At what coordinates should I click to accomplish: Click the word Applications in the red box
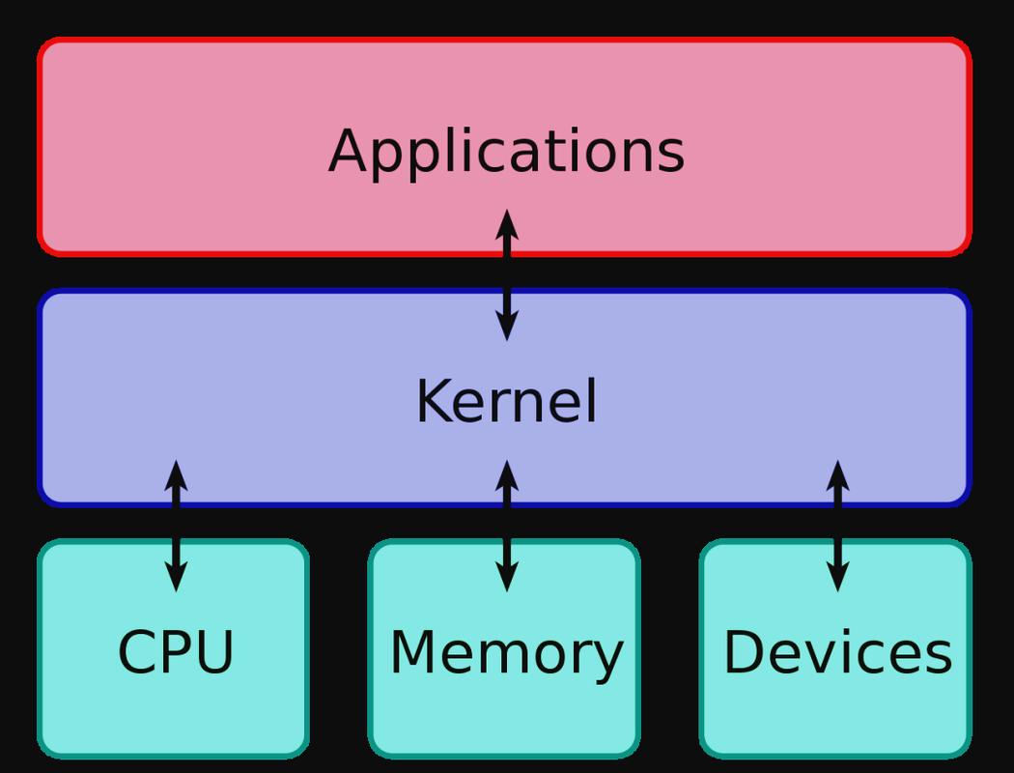[x=506, y=152]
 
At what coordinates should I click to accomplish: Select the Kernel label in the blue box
[x=506, y=401]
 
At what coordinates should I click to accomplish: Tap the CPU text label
[x=175, y=652]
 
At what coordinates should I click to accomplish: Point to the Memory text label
[x=506, y=653]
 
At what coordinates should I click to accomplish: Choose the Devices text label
[x=837, y=652]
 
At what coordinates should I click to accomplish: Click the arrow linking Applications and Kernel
[x=507, y=275]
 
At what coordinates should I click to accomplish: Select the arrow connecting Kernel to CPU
[x=176, y=526]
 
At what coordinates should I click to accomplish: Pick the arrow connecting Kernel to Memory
[x=507, y=526]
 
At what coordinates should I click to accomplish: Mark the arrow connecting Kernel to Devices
[x=838, y=526]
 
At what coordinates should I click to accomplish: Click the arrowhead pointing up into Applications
[x=507, y=225]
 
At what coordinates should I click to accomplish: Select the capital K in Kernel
[x=434, y=401]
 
